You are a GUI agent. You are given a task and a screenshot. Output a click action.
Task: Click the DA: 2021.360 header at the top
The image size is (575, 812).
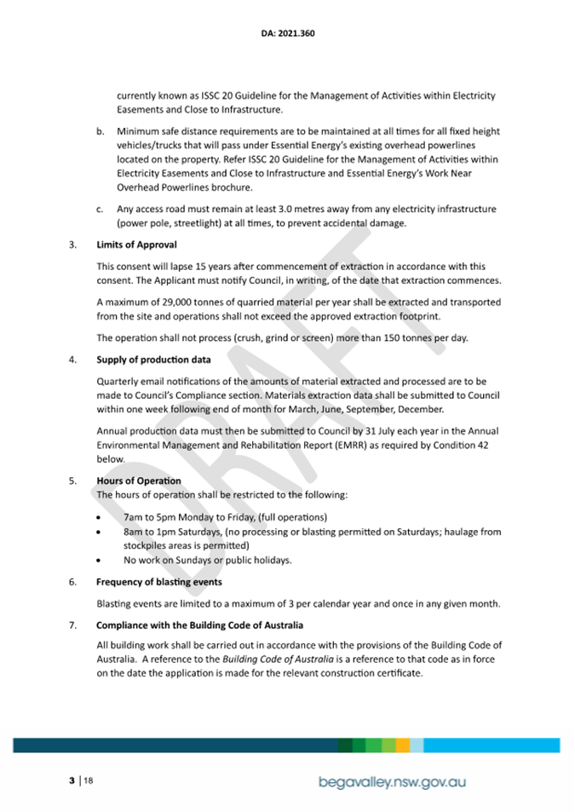(287, 34)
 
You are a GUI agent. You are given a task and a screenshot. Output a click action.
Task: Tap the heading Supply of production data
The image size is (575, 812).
(153, 360)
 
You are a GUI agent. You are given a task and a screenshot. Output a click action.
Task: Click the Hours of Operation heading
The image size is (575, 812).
(138, 481)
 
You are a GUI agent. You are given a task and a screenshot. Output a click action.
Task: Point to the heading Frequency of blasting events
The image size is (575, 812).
(159, 582)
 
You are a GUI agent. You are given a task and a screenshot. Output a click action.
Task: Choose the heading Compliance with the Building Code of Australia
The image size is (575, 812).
(200, 626)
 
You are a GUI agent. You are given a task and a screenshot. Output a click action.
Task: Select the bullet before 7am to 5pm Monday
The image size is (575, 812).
(102, 517)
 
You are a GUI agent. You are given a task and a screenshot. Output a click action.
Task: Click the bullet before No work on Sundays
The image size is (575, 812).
(102, 560)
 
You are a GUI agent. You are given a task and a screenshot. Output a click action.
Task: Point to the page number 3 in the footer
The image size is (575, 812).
(72, 780)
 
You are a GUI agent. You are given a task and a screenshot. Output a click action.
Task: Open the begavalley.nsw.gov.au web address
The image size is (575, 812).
(392, 781)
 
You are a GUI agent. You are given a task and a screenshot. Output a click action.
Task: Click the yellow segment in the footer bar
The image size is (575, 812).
(402, 745)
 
